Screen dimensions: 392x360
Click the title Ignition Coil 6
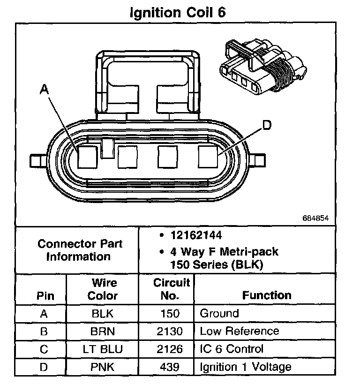pos(178,13)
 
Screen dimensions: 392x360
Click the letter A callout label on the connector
pos(45,89)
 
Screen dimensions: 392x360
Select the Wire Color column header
pos(103,289)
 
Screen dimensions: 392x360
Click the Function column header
pos(267,295)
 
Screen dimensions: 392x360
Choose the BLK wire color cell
pos(103,314)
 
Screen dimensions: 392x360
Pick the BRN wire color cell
pos(103,332)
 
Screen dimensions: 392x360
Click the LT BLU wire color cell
pos(103,349)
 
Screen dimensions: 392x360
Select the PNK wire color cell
pos(103,367)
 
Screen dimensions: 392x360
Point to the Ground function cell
pos(219,313)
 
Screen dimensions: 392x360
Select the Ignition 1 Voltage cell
pos(246,367)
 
